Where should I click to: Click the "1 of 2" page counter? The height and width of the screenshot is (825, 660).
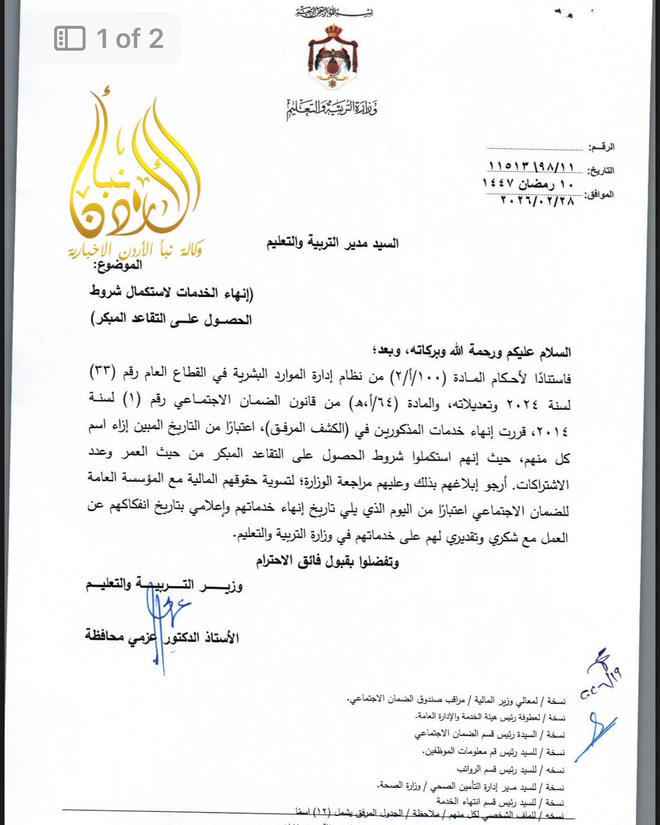pos(129,38)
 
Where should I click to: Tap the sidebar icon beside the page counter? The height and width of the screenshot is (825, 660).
pos(69,38)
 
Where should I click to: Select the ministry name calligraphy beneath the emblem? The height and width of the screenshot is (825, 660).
pos(332,107)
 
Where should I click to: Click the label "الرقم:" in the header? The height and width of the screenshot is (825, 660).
pos(601,147)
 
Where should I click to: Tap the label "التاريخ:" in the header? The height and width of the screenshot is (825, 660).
pos(600,170)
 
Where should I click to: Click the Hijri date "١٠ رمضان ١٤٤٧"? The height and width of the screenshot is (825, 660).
pos(527,183)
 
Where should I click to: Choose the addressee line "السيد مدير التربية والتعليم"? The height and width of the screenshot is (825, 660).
pos(332,243)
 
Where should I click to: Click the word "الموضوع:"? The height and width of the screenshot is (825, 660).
pos(120,265)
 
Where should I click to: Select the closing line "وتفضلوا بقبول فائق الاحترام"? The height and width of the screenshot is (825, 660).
pos(327,561)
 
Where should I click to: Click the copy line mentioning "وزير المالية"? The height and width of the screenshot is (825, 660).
pos(457,700)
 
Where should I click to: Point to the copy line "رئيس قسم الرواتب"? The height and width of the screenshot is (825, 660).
pos(511,769)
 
